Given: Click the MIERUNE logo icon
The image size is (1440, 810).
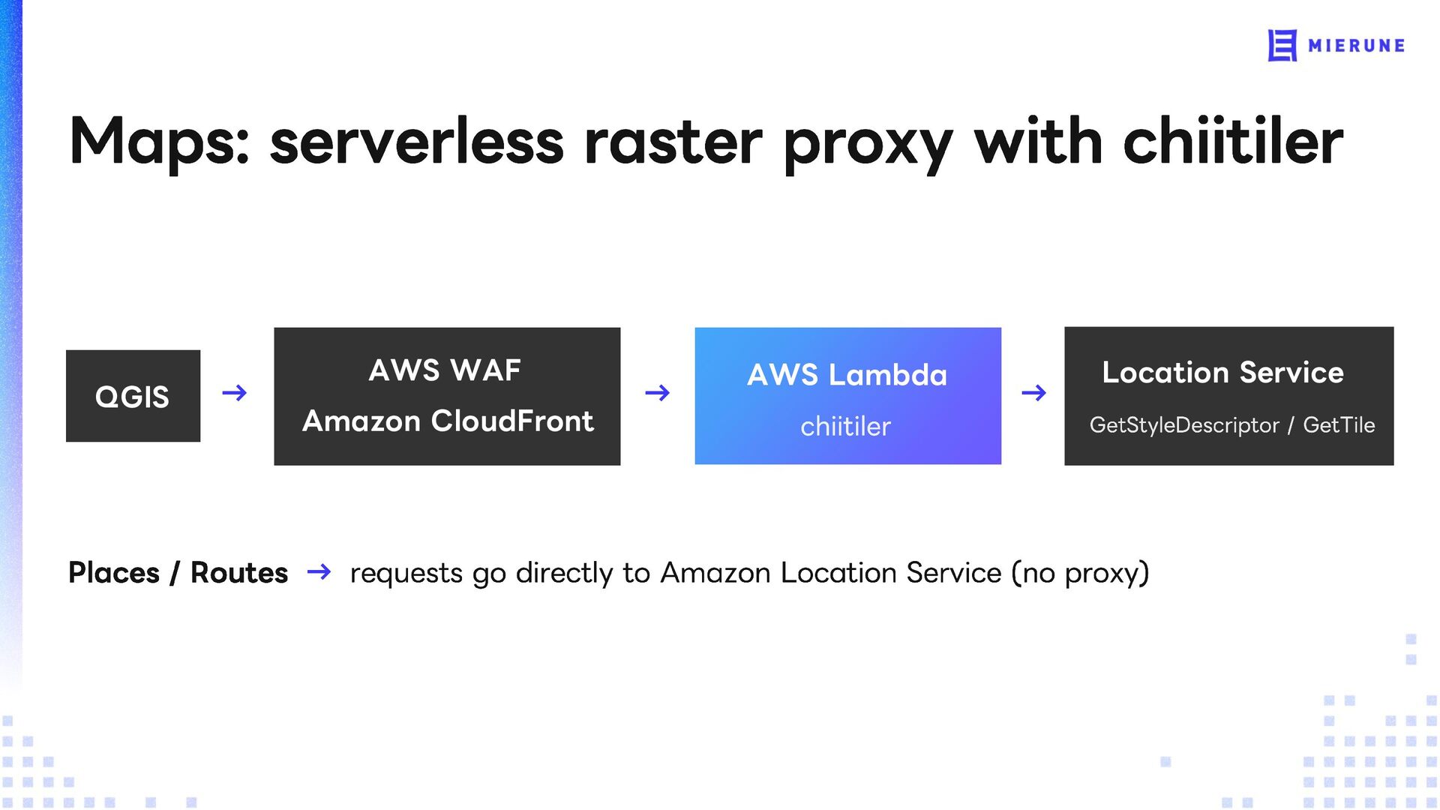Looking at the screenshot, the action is tap(1282, 46).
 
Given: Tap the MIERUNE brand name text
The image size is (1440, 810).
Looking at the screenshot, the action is tap(1356, 46).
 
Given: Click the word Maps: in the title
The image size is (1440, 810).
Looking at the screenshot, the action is tap(159, 142).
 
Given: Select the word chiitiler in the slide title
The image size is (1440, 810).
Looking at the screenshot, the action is tap(1233, 141).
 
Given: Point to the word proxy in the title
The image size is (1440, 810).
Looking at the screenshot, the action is tap(868, 146).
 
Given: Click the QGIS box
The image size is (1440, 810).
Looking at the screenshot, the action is tap(133, 396).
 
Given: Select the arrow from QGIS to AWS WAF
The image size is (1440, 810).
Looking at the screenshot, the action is tap(235, 393).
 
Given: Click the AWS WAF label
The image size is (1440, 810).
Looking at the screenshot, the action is tap(445, 370).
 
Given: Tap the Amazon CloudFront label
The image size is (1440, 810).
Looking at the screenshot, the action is tap(448, 421).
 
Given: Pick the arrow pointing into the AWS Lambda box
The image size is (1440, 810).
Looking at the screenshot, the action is tap(658, 393).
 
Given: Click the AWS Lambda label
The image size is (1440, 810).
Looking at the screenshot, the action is tap(847, 375).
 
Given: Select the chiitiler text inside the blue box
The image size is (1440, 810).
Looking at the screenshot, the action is tap(846, 426).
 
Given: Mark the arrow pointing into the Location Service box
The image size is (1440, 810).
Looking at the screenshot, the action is tap(1034, 393).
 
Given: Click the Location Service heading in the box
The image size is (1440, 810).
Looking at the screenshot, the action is tap(1223, 373).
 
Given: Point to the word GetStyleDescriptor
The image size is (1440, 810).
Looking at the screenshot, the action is tap(1184, 425).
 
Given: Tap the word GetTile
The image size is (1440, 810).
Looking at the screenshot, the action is tap(1339, 425).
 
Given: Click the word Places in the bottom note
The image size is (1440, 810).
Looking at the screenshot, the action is tap(114, 573).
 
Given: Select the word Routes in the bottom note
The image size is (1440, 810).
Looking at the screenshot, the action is tap(239, 573).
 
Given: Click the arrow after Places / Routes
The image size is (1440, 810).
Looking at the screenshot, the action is tap(319, 573).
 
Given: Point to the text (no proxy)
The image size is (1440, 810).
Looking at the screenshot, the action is tap(1080, 574).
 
